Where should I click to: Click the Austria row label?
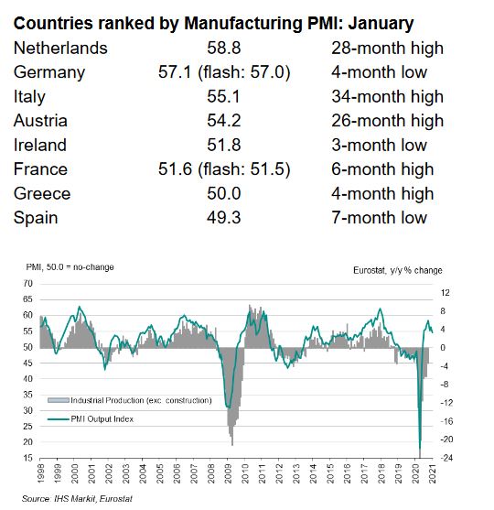43,120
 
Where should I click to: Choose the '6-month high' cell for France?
382,168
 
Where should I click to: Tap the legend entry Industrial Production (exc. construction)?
128,401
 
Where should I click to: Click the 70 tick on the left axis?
27,285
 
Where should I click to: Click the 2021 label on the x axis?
431,476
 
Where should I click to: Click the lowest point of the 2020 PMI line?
420,452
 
